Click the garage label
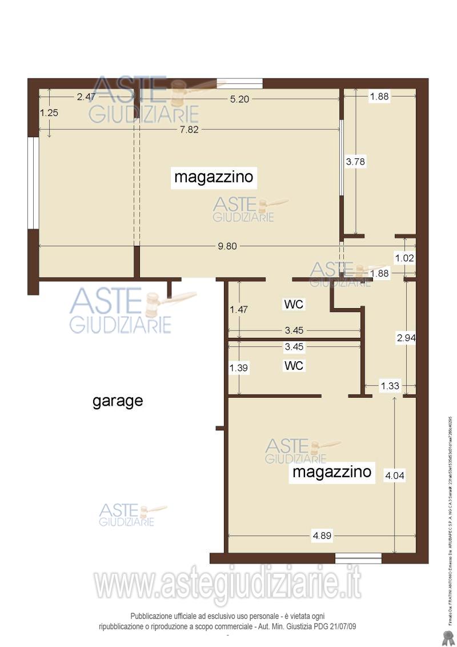pos(118,401)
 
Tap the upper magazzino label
pos(214,177)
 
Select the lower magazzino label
pos(332,472)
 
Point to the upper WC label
pos(294,305)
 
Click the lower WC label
pos(294,366)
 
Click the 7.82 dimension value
pos(189,130)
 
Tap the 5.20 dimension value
pos(239,99)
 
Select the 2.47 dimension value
pos(86,97)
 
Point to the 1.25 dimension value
pos(49,113)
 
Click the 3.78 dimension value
pos(355,162)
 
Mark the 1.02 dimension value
pos(404,258)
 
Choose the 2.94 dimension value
pos(406,338)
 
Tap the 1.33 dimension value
pos(390,386)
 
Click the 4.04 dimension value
pos(395,475)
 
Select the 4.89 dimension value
pos(322,536)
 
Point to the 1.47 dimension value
pos(239,310)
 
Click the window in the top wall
pos(240,83)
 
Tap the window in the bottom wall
pos(358,558)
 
